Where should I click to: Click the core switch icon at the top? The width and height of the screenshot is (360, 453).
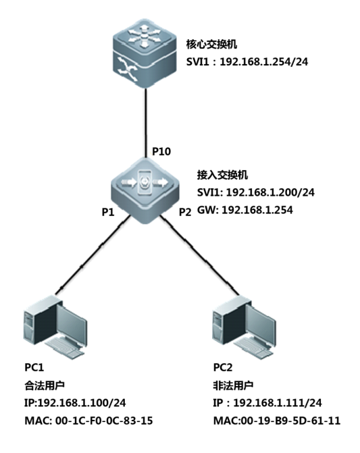(145, 53)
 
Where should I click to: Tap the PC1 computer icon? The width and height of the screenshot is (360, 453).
(54, 327)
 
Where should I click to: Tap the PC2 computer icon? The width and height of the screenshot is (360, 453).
(244, 327)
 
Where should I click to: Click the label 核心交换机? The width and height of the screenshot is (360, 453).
(212, 44)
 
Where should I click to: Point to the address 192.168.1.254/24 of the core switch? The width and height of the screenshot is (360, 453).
(264, 61)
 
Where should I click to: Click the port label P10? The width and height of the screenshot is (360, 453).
(161, 151)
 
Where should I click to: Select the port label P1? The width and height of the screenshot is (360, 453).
(108, 212)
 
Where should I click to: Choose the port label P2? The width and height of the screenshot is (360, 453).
(185, 212)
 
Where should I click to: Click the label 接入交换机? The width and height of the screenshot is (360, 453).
(223, 175)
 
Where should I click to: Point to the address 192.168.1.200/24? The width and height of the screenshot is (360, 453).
(270, 192)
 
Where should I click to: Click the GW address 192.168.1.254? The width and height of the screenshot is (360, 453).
(257, 210)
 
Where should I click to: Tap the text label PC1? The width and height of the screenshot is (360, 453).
(34, 367)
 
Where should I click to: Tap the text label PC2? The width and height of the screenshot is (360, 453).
(223, 367)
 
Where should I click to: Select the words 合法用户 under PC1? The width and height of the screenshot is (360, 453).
(45, 385)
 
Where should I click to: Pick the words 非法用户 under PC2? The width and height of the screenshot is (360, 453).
(234, 385)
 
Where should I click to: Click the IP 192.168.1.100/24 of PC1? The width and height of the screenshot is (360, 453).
(82, 403)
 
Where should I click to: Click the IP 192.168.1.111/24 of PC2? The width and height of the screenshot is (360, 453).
(278, 403)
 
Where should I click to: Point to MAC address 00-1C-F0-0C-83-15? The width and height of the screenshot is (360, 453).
(104, 421)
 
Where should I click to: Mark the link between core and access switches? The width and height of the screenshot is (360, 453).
(146, 123)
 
